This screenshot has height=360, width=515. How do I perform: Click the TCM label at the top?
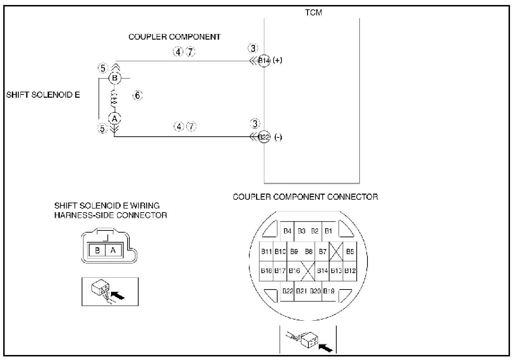[x=313, y=13]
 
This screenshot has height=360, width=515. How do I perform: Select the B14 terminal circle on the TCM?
[x=264, y=60]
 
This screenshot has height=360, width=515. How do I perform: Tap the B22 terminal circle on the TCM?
[x=264, y=137]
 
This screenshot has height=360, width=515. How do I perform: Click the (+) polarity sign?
[x=278, y=60]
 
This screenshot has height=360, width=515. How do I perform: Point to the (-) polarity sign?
[x=278, y=137]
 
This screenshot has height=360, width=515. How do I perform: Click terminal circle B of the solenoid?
[x=115, y=78]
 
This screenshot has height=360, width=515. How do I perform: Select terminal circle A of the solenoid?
[x=115, y=118]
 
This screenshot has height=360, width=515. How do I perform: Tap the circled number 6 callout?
[x=138, y=95]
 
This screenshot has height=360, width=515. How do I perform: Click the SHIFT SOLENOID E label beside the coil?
[x=43, y=95]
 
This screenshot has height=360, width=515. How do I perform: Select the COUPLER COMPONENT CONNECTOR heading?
[x=305, y=197]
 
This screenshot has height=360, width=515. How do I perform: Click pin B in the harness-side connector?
[x=97, y=250]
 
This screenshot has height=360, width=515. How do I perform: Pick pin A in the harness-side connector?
[x=113, y=250]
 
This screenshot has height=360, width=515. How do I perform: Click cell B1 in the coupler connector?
[x=328, y=231]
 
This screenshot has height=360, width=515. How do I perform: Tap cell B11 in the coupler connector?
[x=266, y=252]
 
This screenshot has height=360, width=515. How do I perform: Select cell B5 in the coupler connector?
[x=350, y=252]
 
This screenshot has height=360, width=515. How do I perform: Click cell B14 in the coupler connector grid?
[x=322, y=271]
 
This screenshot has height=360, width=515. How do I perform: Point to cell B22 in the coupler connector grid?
[x=288, y=291]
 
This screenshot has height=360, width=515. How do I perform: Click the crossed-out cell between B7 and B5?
[x=336, y=252]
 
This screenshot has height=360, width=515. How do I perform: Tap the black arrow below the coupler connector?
[x=325, y=347]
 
